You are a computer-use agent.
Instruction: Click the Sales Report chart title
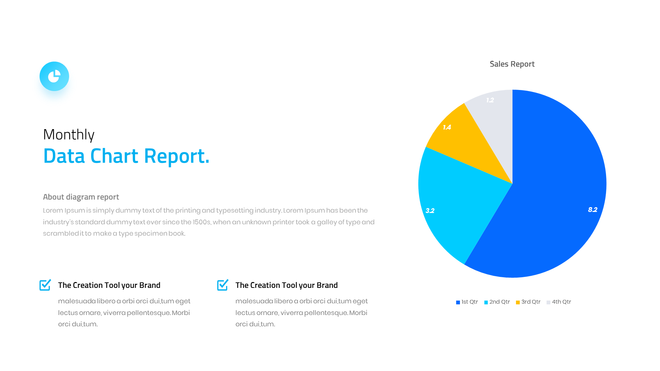512,64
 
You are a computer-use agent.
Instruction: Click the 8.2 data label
593,210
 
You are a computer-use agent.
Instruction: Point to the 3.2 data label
430,211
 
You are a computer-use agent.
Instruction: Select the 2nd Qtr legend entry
497,302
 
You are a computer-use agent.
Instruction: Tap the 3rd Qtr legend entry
528,302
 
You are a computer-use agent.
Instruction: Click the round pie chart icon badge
54,76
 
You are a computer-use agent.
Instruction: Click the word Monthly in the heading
69,135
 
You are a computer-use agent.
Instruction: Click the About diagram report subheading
81,197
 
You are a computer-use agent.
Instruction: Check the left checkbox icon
45,285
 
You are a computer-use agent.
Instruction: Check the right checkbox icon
222,285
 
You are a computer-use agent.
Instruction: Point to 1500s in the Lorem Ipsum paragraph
201,222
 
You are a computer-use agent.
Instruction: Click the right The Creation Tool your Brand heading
286,285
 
